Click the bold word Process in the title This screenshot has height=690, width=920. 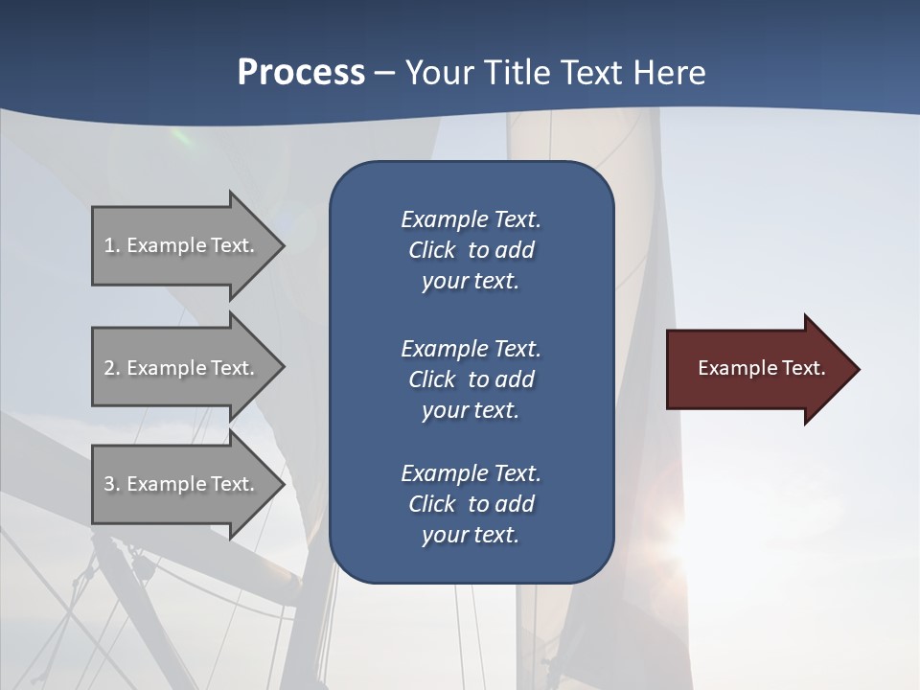301,73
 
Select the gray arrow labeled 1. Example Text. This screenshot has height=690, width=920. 182,245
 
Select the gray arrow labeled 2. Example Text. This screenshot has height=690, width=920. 182,368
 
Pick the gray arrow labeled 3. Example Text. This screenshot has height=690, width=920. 182,484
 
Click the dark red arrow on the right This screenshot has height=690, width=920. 757,369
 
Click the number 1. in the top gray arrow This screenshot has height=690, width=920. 112,245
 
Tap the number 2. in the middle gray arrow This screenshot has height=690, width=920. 112,368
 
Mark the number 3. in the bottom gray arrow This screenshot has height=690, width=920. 112,484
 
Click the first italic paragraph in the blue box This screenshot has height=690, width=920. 471,250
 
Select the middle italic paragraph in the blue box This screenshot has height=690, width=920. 471,379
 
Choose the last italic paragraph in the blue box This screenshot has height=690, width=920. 471,504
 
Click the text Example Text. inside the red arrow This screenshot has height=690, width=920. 761,368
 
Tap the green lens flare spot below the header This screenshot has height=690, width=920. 179,137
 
